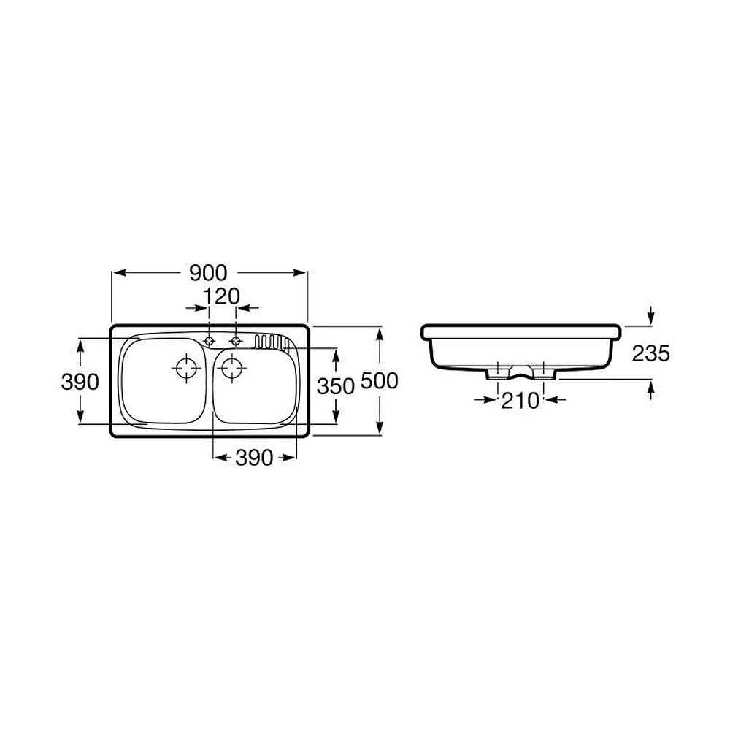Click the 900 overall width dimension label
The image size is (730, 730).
pyautogui.click(x=208, y=273)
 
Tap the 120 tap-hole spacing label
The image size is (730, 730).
pyautogui.click(x=221, y=296)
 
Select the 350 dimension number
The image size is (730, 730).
pyautogui.click(x=336, y=386)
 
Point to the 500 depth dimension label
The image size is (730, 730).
pyautogui.click(x=380, y=381)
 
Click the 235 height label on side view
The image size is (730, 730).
pyautogui.click(x=651, y=353)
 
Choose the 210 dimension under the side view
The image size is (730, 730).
pyautogui.click(x=520, y=401)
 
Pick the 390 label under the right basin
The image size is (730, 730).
pyautogui.click(x=254, y=458)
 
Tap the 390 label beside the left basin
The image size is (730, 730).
pyautogui.click(x=80, y=383)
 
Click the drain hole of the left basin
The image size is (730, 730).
pyautogui.click(x=186, y=368)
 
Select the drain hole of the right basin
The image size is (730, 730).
pyautogui.click(x=231, y=368)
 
